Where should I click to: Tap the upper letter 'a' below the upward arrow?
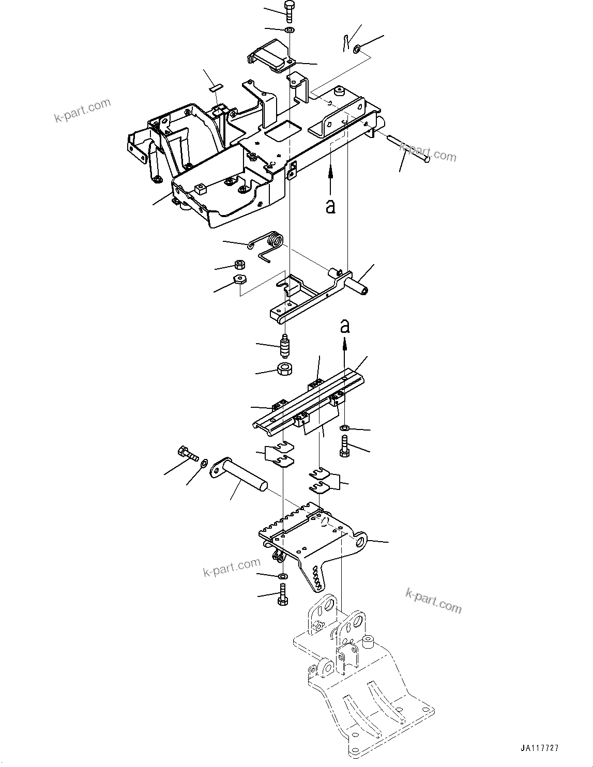[x=330, y=206]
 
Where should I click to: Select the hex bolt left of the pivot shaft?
[x=188, y=454]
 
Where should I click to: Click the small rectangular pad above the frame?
[x=215, y=88]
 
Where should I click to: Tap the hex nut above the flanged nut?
[x=239, y=264]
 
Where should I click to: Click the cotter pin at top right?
[x=347, y=42]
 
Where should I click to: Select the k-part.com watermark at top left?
[x=83, y=110]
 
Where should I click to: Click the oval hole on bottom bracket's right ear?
[x=361, y=541]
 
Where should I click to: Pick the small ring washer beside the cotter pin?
[x=357, y=49]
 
